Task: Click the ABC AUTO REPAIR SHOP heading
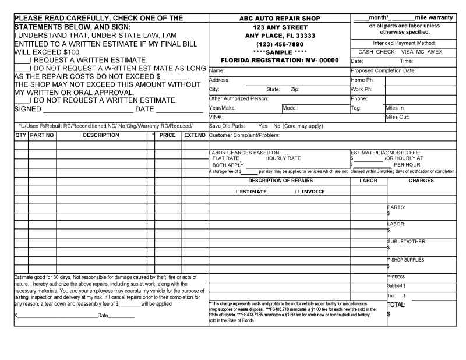tap(279, 18)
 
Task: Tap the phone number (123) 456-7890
tap(279, 44)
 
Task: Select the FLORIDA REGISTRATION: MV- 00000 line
tap(279, 60)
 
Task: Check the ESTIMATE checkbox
tap(232, 192)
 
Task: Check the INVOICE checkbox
tap(297, 192)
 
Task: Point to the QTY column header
tap(20, 135)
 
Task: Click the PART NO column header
tap(42, 135)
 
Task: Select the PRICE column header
tap(167, 135)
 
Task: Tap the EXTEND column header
tap(195, 135)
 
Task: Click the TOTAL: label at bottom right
tap(396, 305)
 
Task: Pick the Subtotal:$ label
tap(397, 285)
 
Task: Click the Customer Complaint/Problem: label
tap(244, 135)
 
